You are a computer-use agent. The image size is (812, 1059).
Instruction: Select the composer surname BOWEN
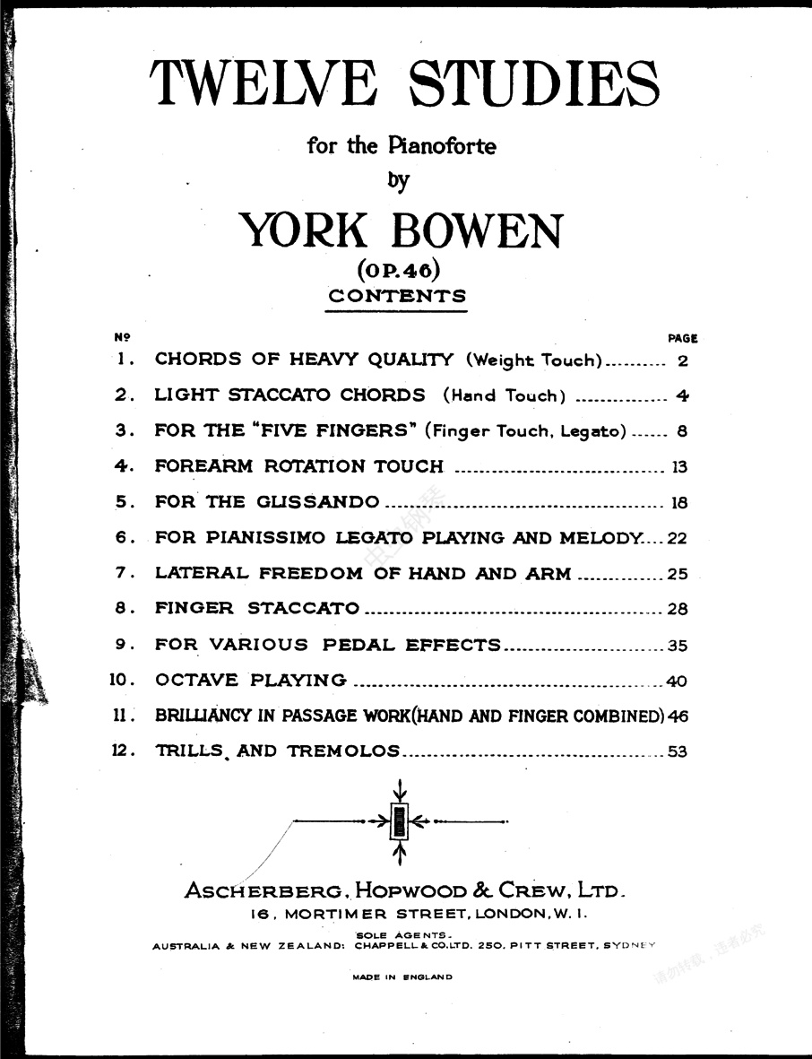(x=476, y=231)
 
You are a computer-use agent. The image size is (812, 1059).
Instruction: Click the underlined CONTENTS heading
(x=397, y=296)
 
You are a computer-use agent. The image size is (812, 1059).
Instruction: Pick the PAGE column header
(x=682, y=339)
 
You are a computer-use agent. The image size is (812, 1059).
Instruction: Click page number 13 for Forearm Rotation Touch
(x=678, y=466)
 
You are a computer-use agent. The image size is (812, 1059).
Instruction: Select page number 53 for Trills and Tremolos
(x=678, y=751)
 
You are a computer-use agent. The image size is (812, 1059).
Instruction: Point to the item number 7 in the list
(x=121, y=573)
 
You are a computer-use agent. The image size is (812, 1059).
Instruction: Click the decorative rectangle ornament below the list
(x=400, y=820)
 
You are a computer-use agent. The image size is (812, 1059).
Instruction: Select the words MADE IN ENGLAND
(x=403, y=977)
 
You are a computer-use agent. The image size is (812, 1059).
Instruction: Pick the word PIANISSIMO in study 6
(x=269, y=537)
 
